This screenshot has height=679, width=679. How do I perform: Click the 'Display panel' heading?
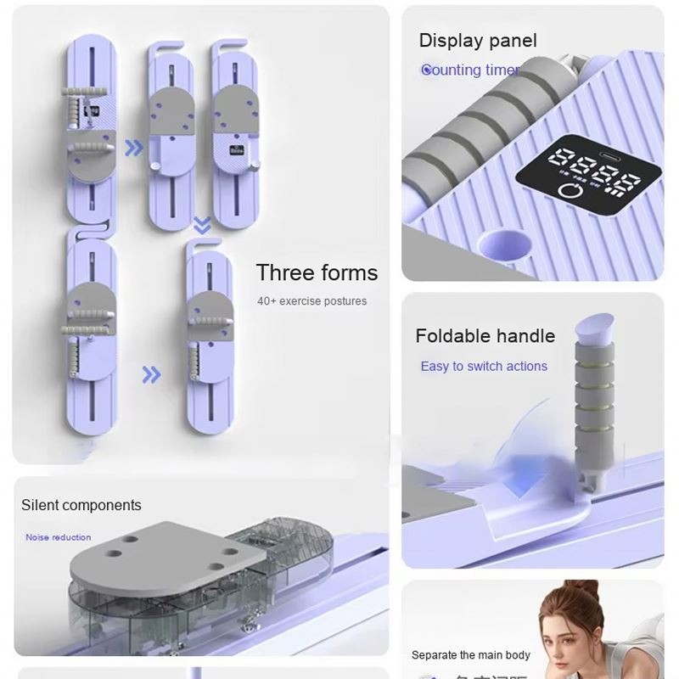pos(478,41)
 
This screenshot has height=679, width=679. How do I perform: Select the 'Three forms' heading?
pos(317,272)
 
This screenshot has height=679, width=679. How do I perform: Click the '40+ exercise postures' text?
pos(312,301)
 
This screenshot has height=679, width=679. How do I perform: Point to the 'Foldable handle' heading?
pos(485,336)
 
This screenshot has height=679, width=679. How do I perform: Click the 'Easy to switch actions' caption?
pos(484,367)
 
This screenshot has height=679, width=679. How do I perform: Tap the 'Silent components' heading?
pos(81,505)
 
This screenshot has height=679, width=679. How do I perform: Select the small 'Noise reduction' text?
pos(58,537)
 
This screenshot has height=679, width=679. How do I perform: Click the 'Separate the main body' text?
pos(471,654)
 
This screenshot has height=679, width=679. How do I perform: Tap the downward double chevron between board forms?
pos(202,224)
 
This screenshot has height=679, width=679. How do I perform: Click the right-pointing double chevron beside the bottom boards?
pos(151,373)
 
